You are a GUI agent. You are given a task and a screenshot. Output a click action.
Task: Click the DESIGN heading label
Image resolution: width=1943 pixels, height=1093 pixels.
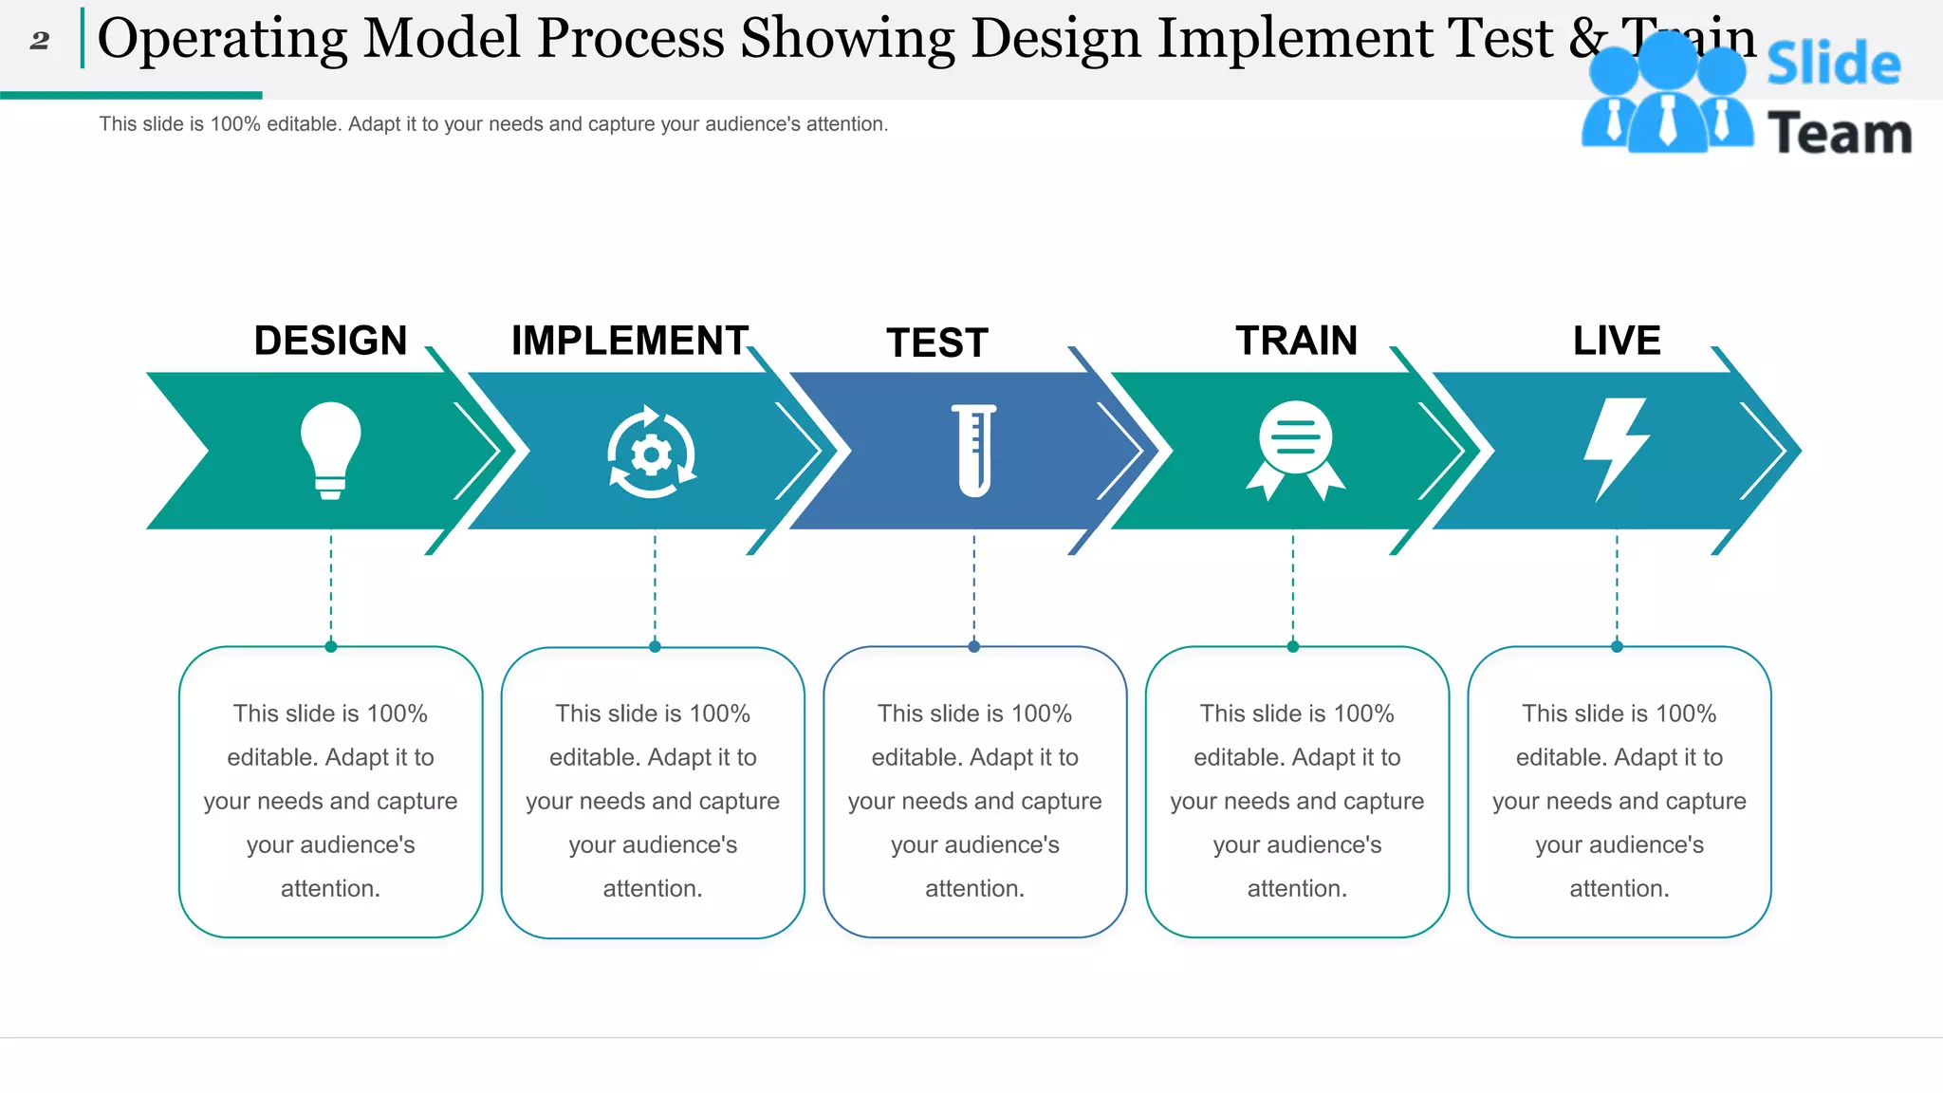pyautogui.click(x=330, y=341)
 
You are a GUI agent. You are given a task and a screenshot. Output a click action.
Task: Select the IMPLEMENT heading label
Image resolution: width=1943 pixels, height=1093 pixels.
pyautogui.click(x=630, y=341)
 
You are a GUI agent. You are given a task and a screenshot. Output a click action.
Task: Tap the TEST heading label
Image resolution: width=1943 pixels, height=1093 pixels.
pyautogui.click(x=937, y=343)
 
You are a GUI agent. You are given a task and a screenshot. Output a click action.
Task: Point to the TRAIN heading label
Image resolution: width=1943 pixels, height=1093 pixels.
pyautogui.click(x=1296, y=341)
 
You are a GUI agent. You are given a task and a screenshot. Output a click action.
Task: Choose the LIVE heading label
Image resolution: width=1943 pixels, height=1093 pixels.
pyautogui.click(x=1617, y=341)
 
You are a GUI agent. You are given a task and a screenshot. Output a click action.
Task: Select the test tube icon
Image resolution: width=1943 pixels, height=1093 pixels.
pyautogui.click(x=974, y=450)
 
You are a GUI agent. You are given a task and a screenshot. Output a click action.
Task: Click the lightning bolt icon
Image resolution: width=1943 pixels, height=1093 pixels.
pyautogui.click(x=1617, y=448)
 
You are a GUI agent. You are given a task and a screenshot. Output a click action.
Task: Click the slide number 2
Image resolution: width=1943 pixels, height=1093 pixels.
pyautogui.click(x=39, y=41)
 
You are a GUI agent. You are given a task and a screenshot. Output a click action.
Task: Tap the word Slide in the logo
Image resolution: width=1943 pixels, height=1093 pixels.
pyautogui.click(x=1833, y=65)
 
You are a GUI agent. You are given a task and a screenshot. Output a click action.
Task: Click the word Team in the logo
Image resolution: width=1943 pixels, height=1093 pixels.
pyautogui.click(x=1839, y=133)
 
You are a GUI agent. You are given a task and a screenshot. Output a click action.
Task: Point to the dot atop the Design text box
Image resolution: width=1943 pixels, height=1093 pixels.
pyautogui.click(x=331, y=647)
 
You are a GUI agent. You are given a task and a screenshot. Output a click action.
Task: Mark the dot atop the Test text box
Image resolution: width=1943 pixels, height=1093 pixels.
pyautogui.click(x=974, y=647)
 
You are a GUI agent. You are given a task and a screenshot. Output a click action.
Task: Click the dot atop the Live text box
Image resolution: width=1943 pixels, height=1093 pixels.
pyautogui.click(x=1617, y=647)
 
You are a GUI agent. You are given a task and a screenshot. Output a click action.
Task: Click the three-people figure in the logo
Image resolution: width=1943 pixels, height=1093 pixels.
pyautogui.click(x=1667, y=95)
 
